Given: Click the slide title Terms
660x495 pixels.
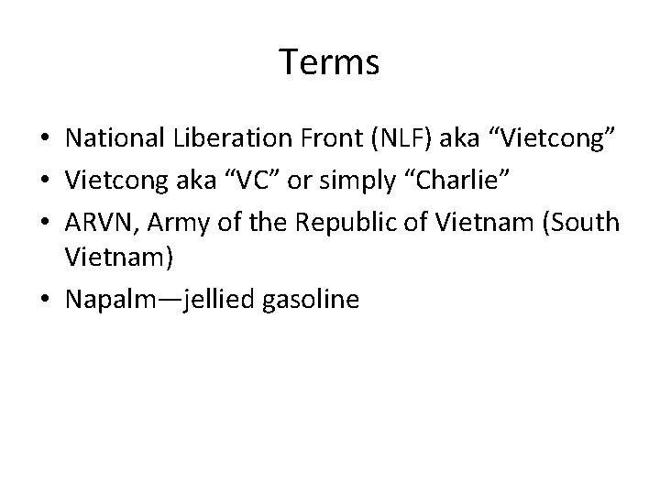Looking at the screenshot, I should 329,62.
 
